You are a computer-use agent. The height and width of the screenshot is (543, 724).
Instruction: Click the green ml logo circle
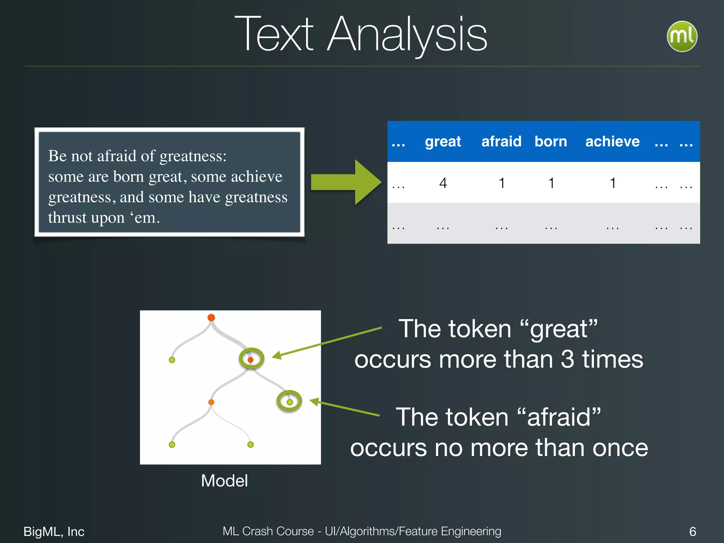click(x=682, y=36)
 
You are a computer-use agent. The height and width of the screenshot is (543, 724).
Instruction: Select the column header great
click(x=443, y=141)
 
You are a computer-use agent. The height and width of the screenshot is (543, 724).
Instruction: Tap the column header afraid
click(x=501, y=141)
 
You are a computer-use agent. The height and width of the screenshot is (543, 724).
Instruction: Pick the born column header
click(x=550, y=141)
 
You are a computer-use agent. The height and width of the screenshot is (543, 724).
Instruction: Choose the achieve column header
click(x=612, y=141)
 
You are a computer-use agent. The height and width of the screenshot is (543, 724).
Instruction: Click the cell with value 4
click(x=443, y=183)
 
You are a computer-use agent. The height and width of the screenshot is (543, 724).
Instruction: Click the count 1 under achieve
click(x=613, y=183)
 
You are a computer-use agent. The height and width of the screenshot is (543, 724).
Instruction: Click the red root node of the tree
click(x=211, y=317)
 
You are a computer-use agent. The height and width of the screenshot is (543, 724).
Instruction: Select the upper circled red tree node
click(x=251, y=359)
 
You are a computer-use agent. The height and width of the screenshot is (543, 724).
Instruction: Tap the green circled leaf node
click(x=290, y=402)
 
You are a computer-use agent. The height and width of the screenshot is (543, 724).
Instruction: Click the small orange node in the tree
click(x=211, y=402)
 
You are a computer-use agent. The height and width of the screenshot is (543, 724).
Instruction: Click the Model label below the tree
click(x=224, y=481)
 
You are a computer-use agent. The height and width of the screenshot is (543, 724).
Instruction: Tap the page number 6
click(x=693, y=531)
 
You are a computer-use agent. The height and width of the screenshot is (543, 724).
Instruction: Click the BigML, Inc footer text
click(x=54, y=531)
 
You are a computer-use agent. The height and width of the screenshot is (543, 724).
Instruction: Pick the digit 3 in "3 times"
click(x=567, y=360)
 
